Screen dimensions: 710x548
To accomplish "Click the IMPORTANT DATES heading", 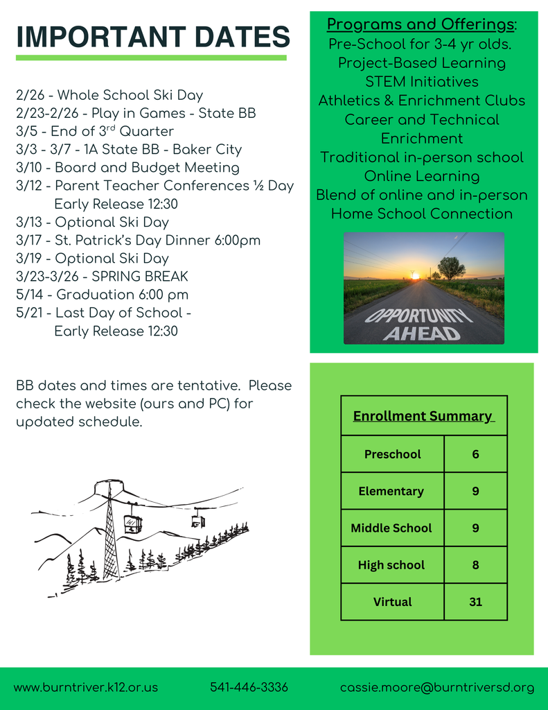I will pyautogui.click(x=152, y=37).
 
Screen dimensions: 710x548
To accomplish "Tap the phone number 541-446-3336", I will pyautogui.click(x=249, y=687).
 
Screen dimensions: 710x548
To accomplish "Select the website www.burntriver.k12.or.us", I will pyautogui.click(x=86, y=687).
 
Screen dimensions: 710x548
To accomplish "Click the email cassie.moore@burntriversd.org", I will pyautogui.click(x=436, y=687).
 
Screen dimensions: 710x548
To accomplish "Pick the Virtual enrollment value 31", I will pyautogui.click(x=475, y=602).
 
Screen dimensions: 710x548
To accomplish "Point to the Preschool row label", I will pyautogui.click(x=392, y=454).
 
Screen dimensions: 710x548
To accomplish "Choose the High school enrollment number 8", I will pyautogui.click(x=475, y=565).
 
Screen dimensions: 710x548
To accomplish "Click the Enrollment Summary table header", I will pyautogui.click(x=423, y=416).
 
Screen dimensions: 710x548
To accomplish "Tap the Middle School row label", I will pyautogui.click(x=391, y=528).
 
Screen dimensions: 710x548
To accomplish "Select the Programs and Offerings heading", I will pyautogui.click(x=422, y=25).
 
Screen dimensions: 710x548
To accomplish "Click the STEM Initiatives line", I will pyautogui.click(x=422, y=82).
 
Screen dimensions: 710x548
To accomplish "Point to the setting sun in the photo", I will pyautogui.click(x=415, y=275).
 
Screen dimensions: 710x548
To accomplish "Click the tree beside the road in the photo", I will pyautogui.click(x=451, y=267).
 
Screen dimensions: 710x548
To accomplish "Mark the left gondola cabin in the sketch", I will pyautogui.click(x=132, y=523).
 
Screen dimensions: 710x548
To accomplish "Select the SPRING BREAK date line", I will pyautogui.click(x=102, y=277).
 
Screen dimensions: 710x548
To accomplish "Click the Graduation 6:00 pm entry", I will pyautogui.click(x=102, y=295).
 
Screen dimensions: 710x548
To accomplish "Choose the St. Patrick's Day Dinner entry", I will pyautogui.click(x=138, y=241).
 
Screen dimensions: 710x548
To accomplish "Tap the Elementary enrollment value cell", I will pyautogui.click(x=475, y=491).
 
